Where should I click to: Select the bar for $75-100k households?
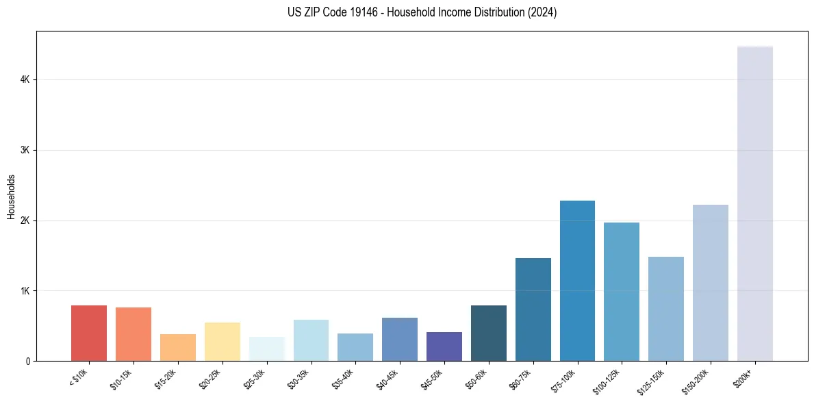point(577,281)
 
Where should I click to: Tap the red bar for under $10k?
point(89,333)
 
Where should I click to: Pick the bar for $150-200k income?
point(710,283)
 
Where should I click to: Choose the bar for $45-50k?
point(444,346)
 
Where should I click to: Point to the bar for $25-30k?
point(266,349)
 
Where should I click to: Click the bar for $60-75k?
point(533,310)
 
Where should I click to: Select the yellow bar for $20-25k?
point(222,342)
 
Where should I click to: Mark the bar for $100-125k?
point(622,292)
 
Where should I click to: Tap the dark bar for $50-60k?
point(488,333)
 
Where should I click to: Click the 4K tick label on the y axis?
point(25,80)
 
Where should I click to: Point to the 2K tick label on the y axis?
point(25,220)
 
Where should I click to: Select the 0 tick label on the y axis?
point(28,361)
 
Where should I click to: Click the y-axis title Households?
point(11,197)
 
